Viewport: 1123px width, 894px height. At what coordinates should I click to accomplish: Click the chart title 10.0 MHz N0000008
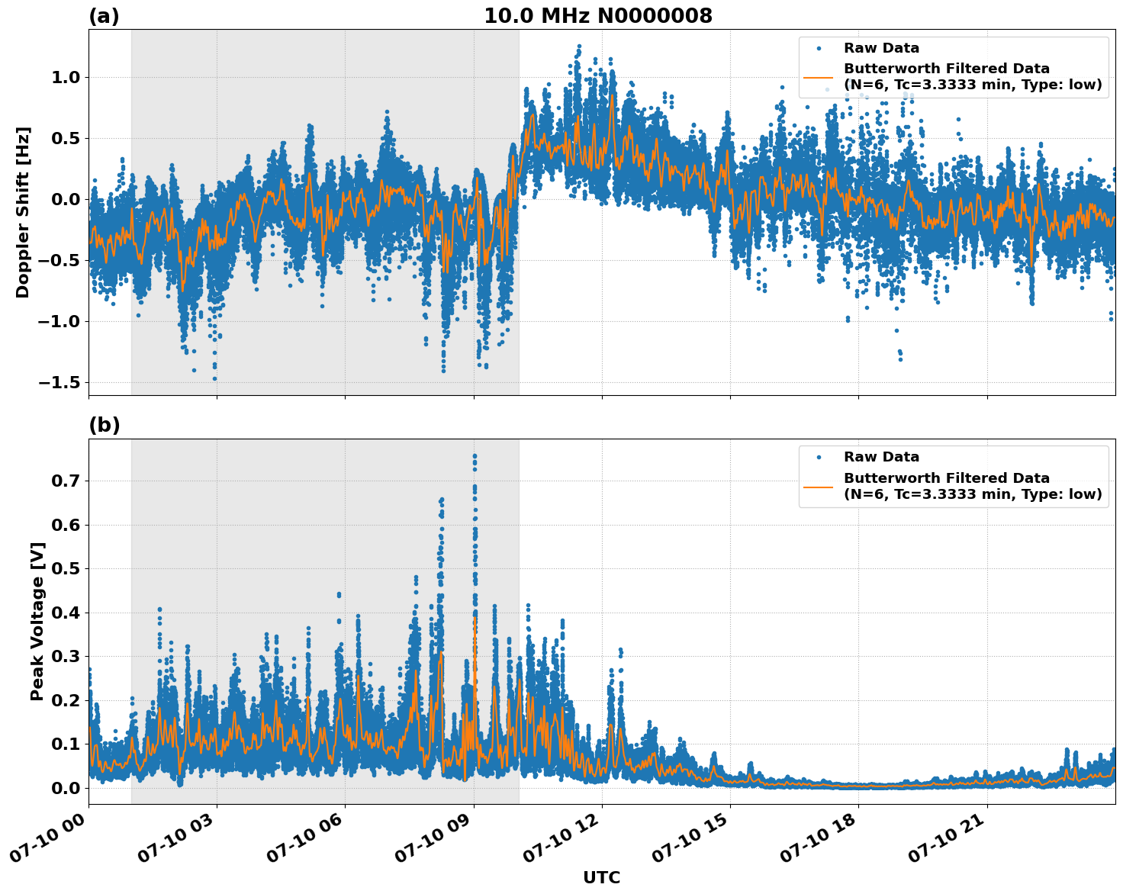598,16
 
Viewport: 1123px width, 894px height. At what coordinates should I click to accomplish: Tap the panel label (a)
104,16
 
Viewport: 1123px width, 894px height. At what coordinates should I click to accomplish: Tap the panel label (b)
104,425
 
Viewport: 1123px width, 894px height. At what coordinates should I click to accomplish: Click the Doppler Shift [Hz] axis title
23,212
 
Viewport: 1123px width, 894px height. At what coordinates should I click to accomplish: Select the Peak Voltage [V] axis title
37,621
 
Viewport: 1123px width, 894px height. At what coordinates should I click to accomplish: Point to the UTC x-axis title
601,877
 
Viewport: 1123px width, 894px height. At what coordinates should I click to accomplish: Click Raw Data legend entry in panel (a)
881,48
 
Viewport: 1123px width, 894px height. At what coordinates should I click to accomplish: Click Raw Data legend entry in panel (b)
881,457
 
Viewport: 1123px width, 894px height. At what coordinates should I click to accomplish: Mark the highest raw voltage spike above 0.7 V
475,456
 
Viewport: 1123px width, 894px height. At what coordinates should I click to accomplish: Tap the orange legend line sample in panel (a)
819,77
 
